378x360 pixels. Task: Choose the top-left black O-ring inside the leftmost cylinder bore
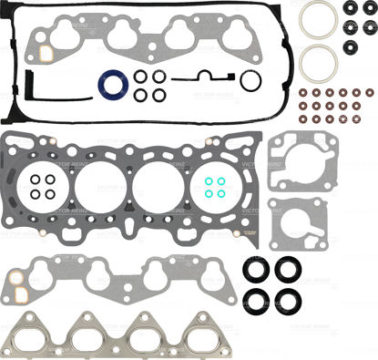34,180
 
